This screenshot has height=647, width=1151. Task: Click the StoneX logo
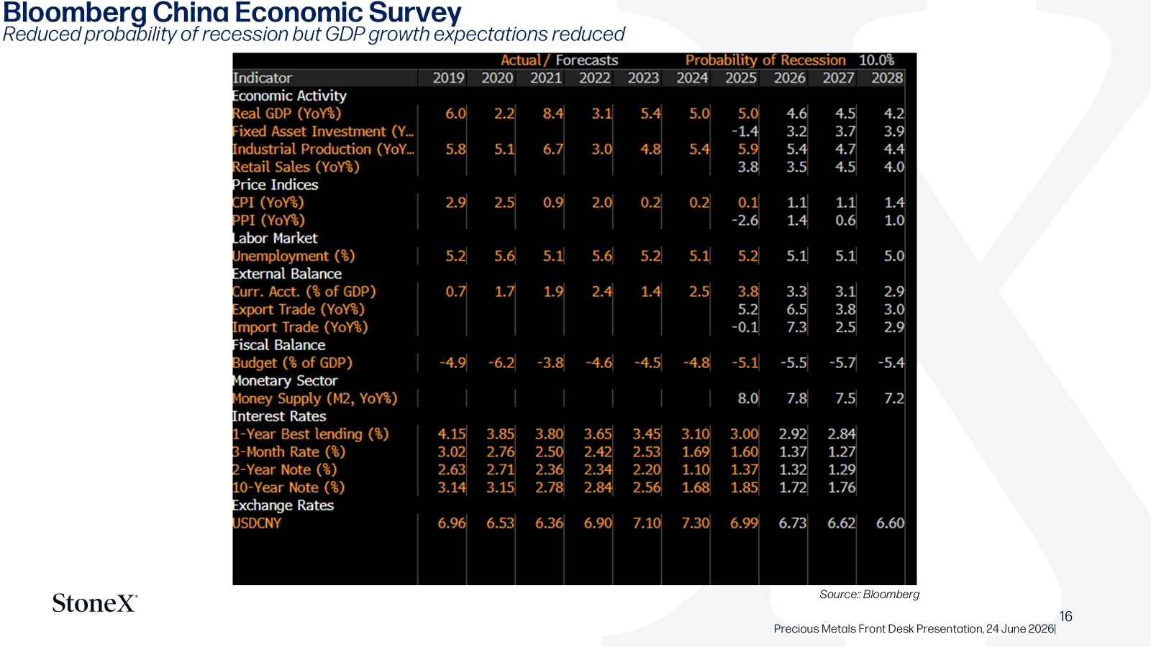coord(95,603)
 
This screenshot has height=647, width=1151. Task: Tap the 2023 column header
coord(643,78)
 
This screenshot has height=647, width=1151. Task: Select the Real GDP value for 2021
coord(553,114)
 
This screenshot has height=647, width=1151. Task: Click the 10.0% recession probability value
coord(877,60)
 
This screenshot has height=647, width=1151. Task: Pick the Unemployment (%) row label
coord(294,256)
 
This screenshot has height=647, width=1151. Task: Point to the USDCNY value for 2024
coord(695,523)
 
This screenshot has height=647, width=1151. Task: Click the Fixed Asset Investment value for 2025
coord(745,132)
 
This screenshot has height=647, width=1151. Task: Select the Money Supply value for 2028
coord(894,398)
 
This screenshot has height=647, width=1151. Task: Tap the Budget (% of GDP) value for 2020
coord(501,362)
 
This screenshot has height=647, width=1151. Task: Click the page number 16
coord(1065,616)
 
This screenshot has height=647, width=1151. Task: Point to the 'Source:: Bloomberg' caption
coord(869,594)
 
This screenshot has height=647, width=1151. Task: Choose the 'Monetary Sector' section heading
coord(285,380)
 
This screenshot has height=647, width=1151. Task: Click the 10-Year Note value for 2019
coord(452,487)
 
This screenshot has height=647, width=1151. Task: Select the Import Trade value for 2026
coord(796,327)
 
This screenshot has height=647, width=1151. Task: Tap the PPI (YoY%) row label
coord(268,220)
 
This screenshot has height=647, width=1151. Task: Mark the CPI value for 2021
coord(553,202)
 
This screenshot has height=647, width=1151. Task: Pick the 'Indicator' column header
coord(263,78)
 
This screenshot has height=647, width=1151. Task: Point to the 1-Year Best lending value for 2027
coord(842,434)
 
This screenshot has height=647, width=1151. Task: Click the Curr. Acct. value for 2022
coord(601,292)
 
